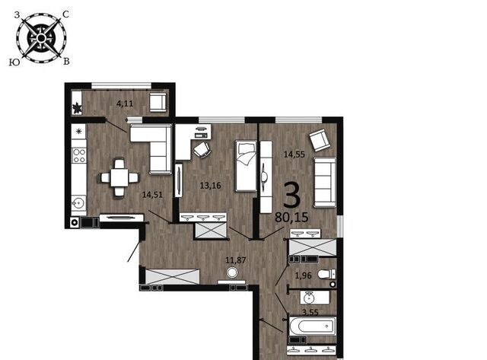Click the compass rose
pyautogui.click(x=41, y=38)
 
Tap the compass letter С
pyautogui.click(x=66, y=14)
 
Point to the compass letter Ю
pyautogui.click(x=14, y=62)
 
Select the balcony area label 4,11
pyautogui.click(x=125, y=104)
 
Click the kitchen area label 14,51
pyautogui.click(x=152, y=195)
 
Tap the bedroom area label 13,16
pyautogui.click(x=210, y=186)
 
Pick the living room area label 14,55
pyautogui.click(x=294, y=154)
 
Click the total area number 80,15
pyautogui.click(x=291, y=217)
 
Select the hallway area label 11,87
pyautogui.click(x=236, y=260)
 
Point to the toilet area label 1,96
pyautogui.click(x=303, y=276)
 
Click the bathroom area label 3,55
pyautogui.click(x=310, y=312)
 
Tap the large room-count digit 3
pyautogui.click(x=292, y=195)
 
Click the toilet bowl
pyautogui.click(x=326, y=274)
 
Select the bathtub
pyautogui.click(x=313, y=327)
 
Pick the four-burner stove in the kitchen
pyautogui.click(x=79, y=155)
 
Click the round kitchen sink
pyautogui.click(x=79, y=203)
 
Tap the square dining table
pyautogui.click(x=119, y=177)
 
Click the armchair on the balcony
pyautogui.click(x=158, y=102)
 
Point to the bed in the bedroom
pyautogui.click(x=246, y=166)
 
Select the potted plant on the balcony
pyautogui.click(x=77, y=108)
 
